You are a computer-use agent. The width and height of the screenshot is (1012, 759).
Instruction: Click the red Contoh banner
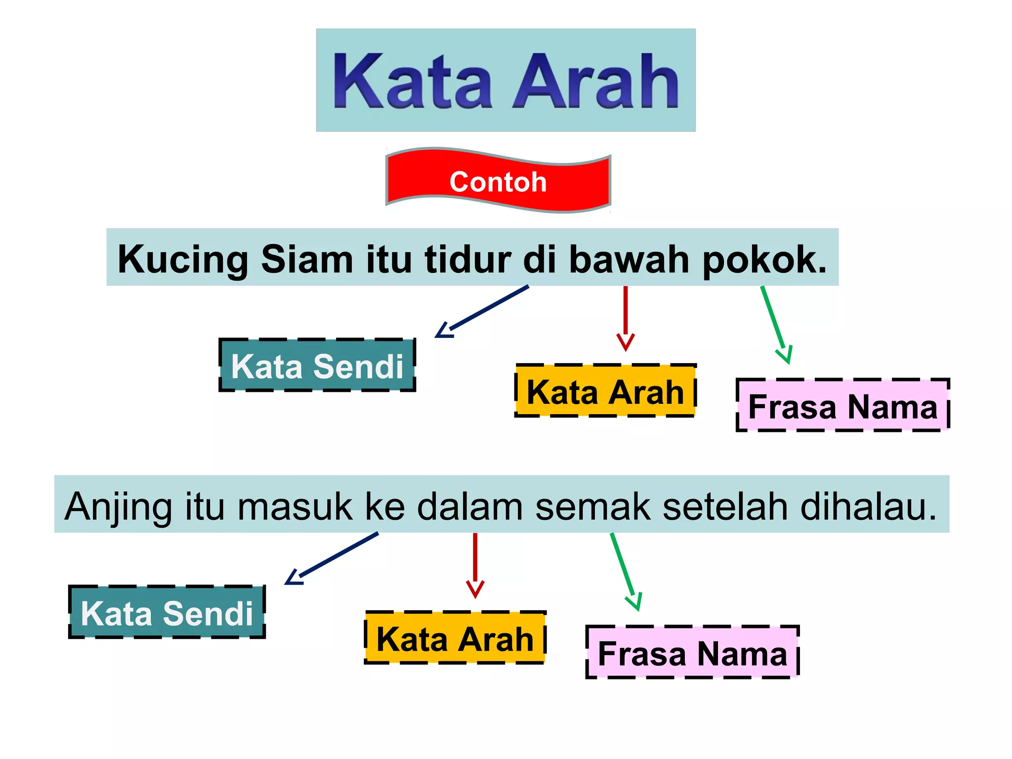pyautogui.click(x=498, y=181)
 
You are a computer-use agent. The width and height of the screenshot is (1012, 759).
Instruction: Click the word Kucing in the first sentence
pyautogui.click(x=183, y=260)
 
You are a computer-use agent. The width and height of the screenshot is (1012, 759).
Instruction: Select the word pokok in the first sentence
pyautogui.click(x=763, y=260)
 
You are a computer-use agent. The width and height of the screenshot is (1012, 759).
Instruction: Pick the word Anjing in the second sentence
pyautogui.click(x=118, y=507)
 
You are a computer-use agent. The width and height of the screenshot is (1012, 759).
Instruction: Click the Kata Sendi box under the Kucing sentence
pyautogui.click(x=317, y=366)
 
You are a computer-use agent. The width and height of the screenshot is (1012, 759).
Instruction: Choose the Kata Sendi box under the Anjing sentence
pyautogui.click(x=167, y=613)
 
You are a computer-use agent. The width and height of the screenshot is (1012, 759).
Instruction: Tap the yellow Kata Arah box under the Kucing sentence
pyautogui.click(x=605, y=391)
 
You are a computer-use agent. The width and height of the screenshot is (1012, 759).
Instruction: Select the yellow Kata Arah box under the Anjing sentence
pyautogui.click(x=455, y=638)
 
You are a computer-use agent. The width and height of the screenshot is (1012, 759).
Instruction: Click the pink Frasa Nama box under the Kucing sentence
pyautogui.click(x=843, y=406)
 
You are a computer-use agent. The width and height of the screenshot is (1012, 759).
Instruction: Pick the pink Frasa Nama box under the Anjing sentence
pyautogui.click(x=692, y=653)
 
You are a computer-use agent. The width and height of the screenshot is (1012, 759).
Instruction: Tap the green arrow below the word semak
pyautogui.click(x=625, y=571)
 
